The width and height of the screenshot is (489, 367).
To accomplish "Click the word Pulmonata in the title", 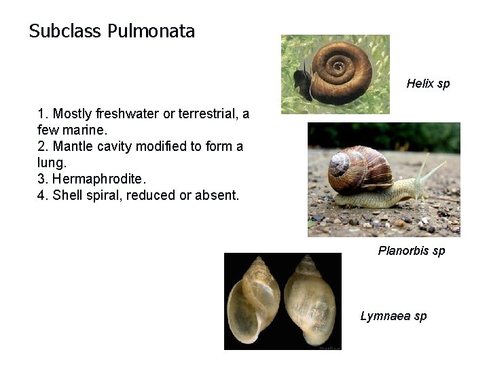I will click(x=151, y=31).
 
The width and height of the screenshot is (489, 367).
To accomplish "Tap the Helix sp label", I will click(x=428, y=84).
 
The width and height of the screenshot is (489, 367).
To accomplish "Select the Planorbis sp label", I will click(x=412, y=251).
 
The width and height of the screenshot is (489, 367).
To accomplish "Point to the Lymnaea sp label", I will click(x=393, y=316).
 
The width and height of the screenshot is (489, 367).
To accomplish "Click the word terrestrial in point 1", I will click(x=202, y=113).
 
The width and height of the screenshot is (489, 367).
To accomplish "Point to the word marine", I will click(x=84, y=130).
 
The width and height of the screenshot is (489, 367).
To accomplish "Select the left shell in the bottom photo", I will click(x=254, y=301).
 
